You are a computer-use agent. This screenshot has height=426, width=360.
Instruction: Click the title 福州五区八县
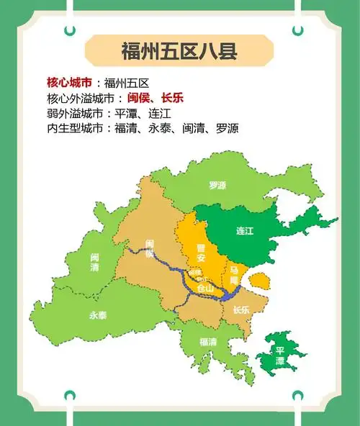pos(179,51)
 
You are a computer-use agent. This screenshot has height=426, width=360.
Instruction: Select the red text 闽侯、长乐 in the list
pos(155,98)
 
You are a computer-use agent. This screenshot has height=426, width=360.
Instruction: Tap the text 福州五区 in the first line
pos(127,82)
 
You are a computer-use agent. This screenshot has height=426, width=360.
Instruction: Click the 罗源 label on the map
pos(217,185)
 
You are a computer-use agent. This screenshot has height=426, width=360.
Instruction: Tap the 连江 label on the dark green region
pos(246,231)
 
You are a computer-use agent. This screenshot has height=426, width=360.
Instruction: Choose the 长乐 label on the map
pos(241,310)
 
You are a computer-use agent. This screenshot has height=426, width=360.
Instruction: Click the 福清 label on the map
pos(207,342)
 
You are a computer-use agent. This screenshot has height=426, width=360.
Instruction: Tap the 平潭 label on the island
pos(280,355)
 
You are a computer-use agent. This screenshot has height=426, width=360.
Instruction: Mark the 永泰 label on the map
pos(98,315)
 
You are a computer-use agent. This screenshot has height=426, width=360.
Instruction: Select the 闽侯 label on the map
pos(149,248)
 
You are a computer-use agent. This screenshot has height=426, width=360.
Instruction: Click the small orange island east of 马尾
pos(261,281)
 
